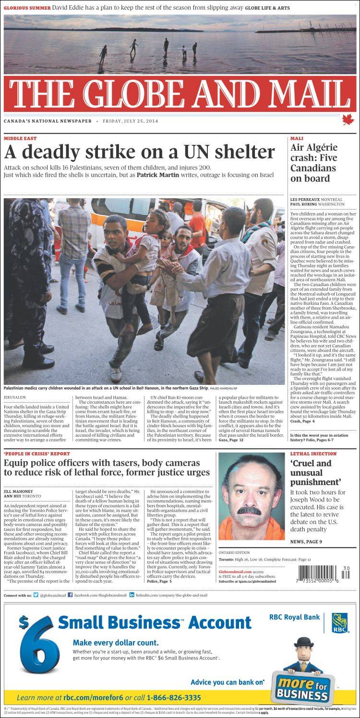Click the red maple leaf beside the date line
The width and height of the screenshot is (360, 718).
click(348, 120)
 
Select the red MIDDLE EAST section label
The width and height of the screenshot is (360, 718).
click(20, 138)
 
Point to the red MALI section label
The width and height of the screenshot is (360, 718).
click(296, 138)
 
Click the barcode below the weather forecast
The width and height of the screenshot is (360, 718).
click(324, 574)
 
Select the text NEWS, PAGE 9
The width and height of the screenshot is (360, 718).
click(306, 542)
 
